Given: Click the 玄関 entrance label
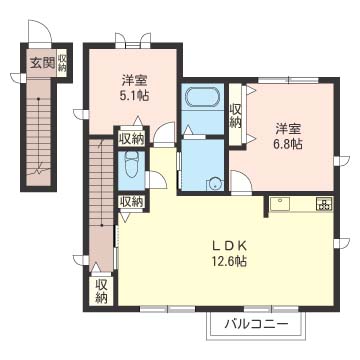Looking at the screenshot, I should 40,62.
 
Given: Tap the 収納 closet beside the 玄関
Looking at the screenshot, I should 62,62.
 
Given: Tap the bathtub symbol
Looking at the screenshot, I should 200,102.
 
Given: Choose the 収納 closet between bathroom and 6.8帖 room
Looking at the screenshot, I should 236,116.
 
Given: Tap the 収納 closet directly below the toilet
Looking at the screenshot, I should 130,201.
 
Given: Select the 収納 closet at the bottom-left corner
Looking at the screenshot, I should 102,290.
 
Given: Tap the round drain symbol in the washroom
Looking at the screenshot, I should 212,183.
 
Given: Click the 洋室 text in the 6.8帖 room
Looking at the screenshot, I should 290,128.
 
